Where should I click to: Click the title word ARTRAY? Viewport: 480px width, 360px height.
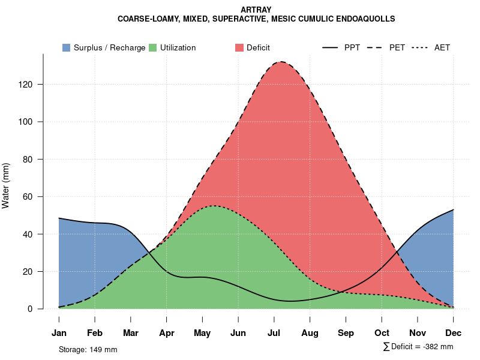(256, 10)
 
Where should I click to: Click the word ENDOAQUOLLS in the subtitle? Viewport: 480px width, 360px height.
(368, 19)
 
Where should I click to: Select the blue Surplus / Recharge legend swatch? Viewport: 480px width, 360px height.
(67, 47)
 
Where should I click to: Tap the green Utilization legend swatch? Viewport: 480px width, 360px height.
(153, 47)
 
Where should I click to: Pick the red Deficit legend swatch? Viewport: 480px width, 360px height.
(239, 47)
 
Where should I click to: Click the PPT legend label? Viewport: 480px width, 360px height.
(352, 47)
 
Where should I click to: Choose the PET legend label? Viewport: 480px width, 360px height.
(397, 47)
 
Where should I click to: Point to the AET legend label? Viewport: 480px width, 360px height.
(442, 47)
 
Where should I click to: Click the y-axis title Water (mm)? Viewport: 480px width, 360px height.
(6, 185)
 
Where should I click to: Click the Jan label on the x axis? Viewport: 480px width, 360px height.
(59, 333)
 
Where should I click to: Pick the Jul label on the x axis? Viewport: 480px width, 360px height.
(274, 333)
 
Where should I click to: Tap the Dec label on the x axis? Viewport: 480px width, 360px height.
(454, 333)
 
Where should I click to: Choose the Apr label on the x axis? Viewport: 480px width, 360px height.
(167, 333)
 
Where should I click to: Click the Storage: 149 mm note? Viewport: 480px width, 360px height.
(88, 349)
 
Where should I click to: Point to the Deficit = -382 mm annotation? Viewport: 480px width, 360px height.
(418, 347)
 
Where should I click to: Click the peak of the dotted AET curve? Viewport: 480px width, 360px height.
(214, 206)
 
